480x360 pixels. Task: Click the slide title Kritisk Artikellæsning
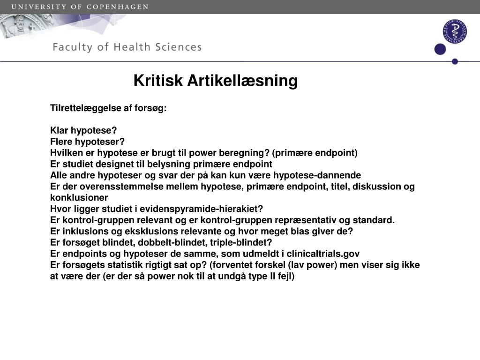click(215, 81)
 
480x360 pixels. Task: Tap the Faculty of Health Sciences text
click(127, 47)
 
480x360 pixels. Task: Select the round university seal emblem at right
click(454, 32)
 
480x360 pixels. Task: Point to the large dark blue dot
click(440, 49)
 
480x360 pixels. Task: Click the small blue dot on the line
click(454, 61)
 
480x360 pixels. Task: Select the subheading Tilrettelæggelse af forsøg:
click(108, 108)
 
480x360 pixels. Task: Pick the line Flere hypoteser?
click(87, 142)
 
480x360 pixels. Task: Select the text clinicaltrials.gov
click(323, 254)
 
